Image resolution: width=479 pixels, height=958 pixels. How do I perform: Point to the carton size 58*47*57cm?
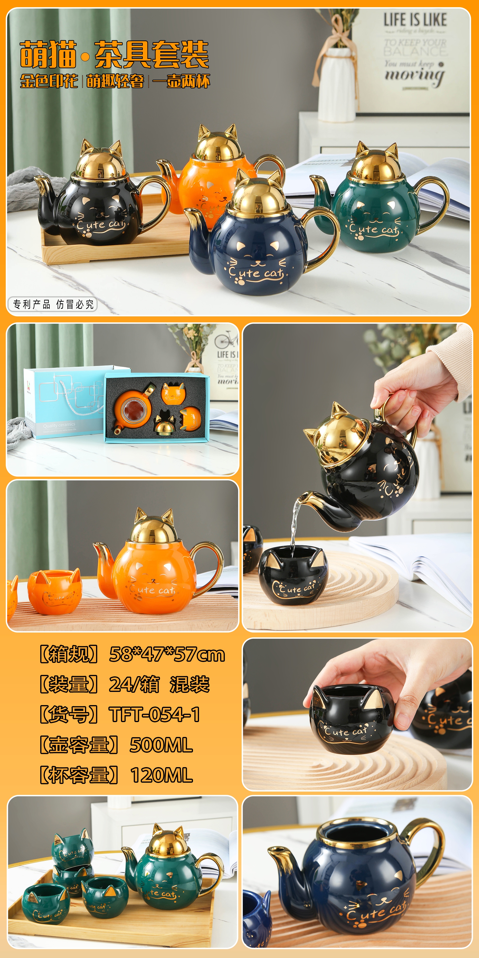pyautogui.click(x=167, y=655)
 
